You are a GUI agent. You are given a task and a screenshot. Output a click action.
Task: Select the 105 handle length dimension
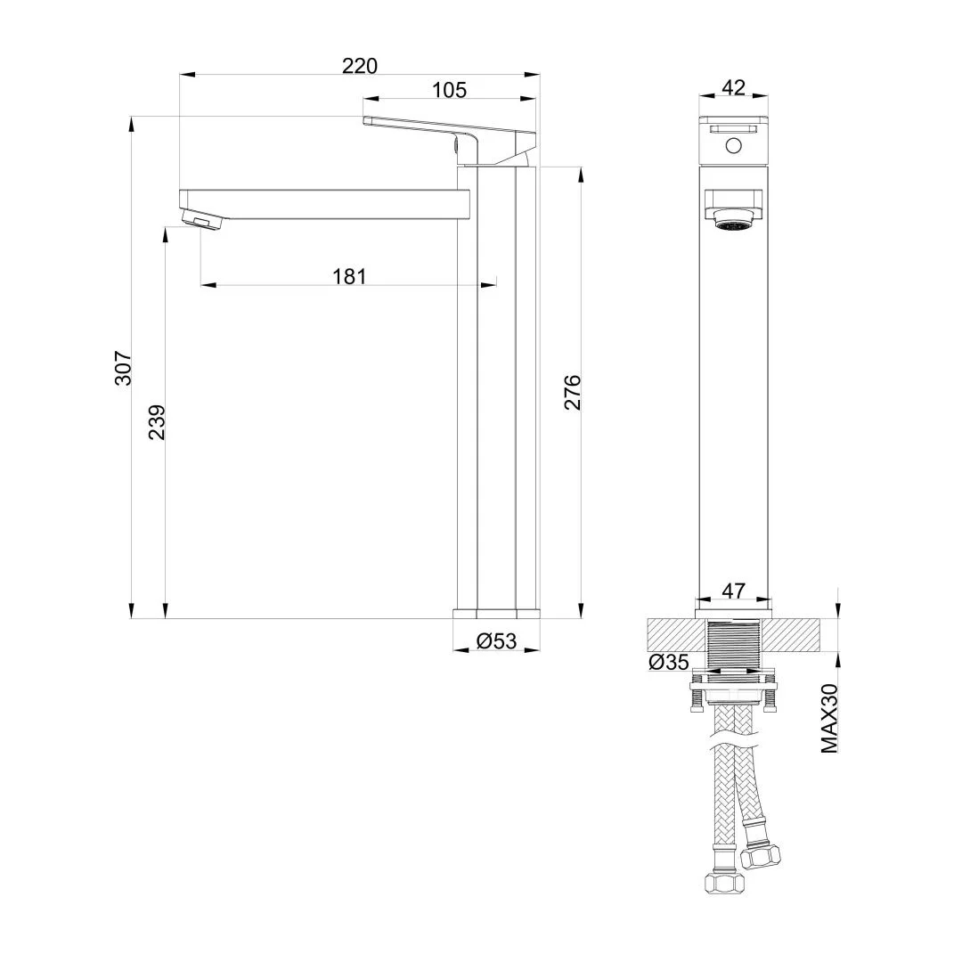[449, 90]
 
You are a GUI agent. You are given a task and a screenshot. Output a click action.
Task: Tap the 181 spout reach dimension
[349, 276]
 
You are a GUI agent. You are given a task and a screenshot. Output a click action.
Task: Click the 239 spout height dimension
[157, 422]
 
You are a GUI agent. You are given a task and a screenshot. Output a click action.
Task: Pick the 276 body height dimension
[572, 392]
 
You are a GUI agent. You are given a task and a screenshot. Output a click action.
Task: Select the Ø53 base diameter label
[496, 640]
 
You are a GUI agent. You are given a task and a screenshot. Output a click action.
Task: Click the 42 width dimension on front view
[733, 87]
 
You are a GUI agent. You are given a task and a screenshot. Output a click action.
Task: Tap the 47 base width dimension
[732, 591]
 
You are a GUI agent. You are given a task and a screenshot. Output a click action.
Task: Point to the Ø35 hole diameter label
[669, 662]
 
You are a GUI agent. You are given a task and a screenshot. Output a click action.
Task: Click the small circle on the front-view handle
[734, 145]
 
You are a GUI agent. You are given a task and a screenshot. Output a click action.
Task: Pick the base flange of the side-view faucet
[496, 614]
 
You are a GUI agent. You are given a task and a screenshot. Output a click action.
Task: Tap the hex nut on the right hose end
[762, 857]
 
